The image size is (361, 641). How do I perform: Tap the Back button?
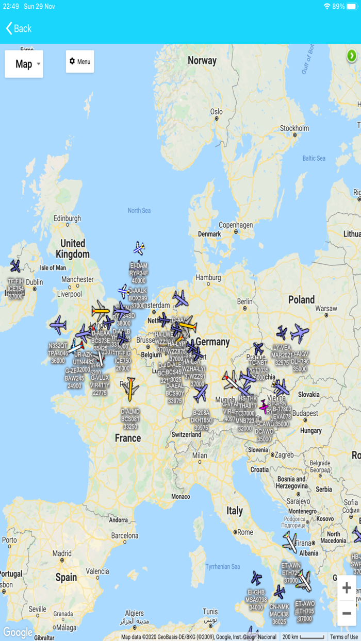[x=19, y=28]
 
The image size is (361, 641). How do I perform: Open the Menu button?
[x=80, y=62]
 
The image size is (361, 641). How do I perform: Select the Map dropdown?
[x=24, y=64]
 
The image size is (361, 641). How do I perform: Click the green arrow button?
[x=352, y=55]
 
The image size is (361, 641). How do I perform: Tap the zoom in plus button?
[x=347, y=588]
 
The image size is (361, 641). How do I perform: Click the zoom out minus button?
[x=347, y=613]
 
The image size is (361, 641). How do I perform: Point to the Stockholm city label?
[x=294, y=128]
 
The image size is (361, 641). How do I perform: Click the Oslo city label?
[x=216, y=112]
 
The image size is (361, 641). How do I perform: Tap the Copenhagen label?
[x=235, y=225]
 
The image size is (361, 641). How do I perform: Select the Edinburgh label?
[x=68, y=218]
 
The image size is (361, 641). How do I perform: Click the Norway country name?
[x=202, y=61]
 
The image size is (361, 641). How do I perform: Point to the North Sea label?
[x=139, y=210]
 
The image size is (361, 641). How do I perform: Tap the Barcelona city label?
[x=125, y=536]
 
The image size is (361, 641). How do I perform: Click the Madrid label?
[x=62, y=553]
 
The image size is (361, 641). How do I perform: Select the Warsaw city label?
[x=326, y=309]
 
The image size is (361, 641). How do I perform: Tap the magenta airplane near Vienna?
[x=264, y=407]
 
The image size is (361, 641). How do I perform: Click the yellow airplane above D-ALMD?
[x=130, y=389]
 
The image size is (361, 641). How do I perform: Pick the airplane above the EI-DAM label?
[x=138, y=249]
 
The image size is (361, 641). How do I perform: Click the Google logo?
[x=18, y=632]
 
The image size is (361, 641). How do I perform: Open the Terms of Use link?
[x=343, y=637]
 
